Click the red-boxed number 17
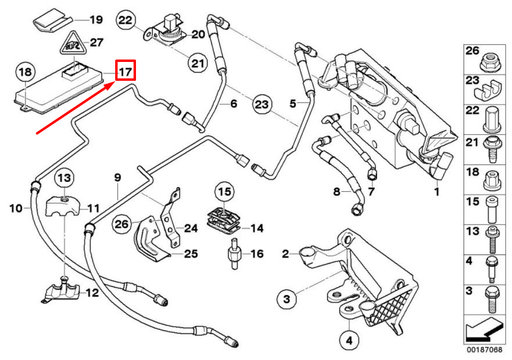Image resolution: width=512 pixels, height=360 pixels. (125, 72)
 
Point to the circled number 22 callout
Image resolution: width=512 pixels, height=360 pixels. (126, 20)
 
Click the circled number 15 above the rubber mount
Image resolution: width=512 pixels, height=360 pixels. (225, 192)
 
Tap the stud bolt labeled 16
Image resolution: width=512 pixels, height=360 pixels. (232, 254)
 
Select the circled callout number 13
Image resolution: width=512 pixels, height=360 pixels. (64, 178)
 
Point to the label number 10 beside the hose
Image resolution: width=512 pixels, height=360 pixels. (16, 208)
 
